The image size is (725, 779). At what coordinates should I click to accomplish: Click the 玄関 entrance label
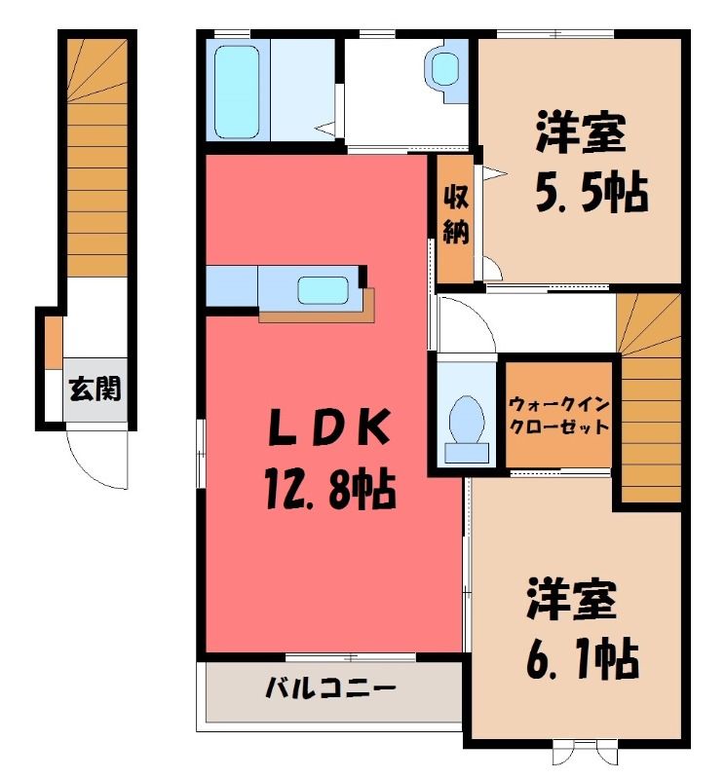[95, 389]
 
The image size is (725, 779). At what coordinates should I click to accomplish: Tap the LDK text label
[328, 427]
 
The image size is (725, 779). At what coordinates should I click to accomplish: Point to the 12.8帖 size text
[330, 490]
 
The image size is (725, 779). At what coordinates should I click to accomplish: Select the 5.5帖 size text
[591, 192]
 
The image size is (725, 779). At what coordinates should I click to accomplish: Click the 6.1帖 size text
[583, 659]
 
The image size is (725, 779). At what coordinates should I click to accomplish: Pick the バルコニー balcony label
[330, 689]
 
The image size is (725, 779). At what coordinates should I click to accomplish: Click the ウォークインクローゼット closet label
[559, 416]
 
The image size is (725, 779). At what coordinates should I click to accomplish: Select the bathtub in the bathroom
[237, 93]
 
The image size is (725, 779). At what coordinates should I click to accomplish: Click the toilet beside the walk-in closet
[467, 428]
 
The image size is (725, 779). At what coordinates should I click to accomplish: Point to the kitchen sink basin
[323, 290]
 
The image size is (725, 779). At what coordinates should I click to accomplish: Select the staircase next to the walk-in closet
[650, 397]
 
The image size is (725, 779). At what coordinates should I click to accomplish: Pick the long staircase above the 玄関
[97, 158]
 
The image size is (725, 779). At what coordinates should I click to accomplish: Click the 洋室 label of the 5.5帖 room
[581, 132]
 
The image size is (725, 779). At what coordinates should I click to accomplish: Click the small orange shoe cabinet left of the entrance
[54, 343]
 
